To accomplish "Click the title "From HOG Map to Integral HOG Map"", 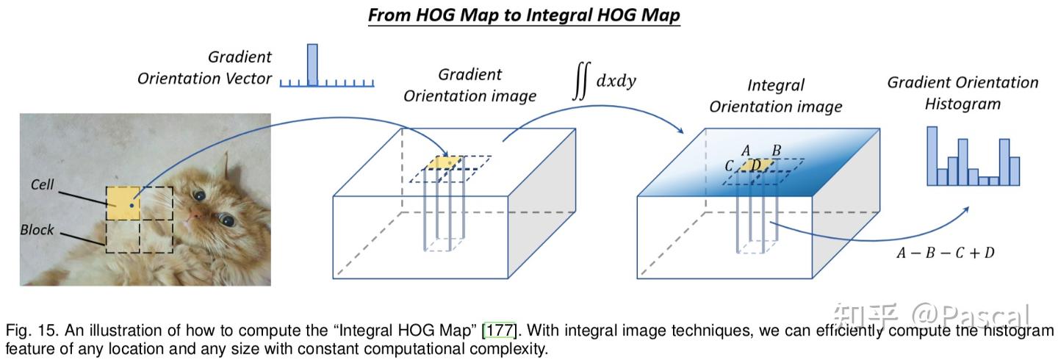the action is click(524, 15).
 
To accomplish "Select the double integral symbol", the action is click(581, 81).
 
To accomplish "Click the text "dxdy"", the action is click(616, 81).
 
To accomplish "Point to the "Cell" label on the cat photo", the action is click(42, 184).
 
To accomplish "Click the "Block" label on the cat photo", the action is click(37, 230).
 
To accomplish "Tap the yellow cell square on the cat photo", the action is click(123, 204).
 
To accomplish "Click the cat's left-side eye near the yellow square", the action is click(199, 195).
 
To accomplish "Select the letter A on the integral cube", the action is click(746, 151).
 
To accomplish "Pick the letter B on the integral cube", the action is click(777, 151).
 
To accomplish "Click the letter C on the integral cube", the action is click(729, 166).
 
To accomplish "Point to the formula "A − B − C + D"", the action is click(946, 253).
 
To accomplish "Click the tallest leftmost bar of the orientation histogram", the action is click(932, 156).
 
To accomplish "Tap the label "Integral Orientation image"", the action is click(776, 96).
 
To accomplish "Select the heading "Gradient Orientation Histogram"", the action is click(962, 93).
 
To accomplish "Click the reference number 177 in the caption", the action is click(499, 330).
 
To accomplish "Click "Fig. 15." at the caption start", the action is click(32, 330).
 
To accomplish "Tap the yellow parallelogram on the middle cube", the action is click(445, 162).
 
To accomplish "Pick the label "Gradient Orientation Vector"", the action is click(204, 68).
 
